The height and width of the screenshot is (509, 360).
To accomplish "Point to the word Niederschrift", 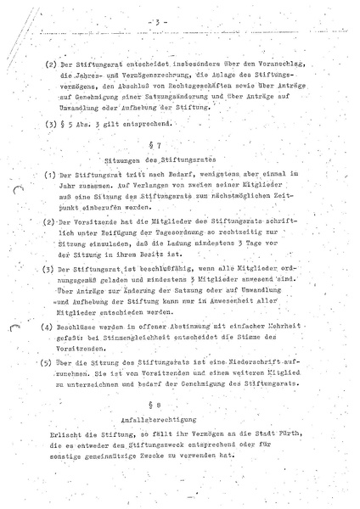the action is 277,361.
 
